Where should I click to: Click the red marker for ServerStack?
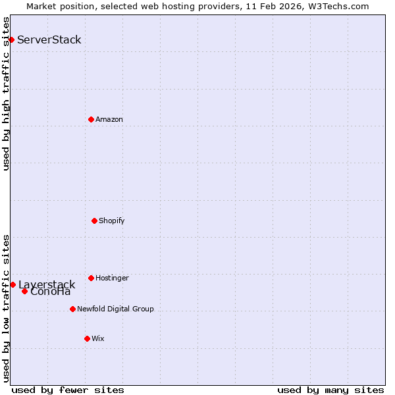[x=11, y=40]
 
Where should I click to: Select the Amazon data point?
[x=91, y=119]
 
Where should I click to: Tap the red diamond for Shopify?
[x=94, y=221]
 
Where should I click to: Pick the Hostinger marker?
[x=91, y=278]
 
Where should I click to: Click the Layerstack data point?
[x=13, y=284]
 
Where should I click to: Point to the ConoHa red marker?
[x=24, y=291]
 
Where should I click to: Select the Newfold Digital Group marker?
[x=72, y=309]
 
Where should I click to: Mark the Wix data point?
[x=87, y=338]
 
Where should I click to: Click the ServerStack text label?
[x=49, y=40]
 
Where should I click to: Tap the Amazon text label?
[x=109, y=119]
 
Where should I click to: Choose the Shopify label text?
[x=112, y=221]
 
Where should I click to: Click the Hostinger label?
[x=112, y=278]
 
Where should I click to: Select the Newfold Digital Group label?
[x=115, y=309]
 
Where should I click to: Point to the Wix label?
[x=97, y=338]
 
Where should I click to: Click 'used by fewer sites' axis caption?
[x=68, y=390]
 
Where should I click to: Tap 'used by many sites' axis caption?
[x=330, y=390]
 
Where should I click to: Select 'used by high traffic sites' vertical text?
[x=6, y=93]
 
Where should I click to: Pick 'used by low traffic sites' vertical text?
[x=6, y=308]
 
